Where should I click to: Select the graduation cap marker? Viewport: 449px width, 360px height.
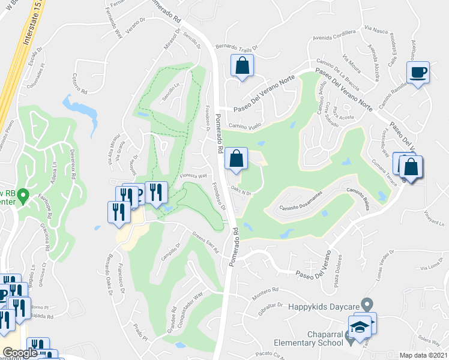(359, 326)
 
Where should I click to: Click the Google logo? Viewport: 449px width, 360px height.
(19, 353)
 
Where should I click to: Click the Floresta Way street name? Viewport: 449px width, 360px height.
(193, 176)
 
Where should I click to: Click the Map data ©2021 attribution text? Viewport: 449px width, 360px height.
(423, 355)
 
